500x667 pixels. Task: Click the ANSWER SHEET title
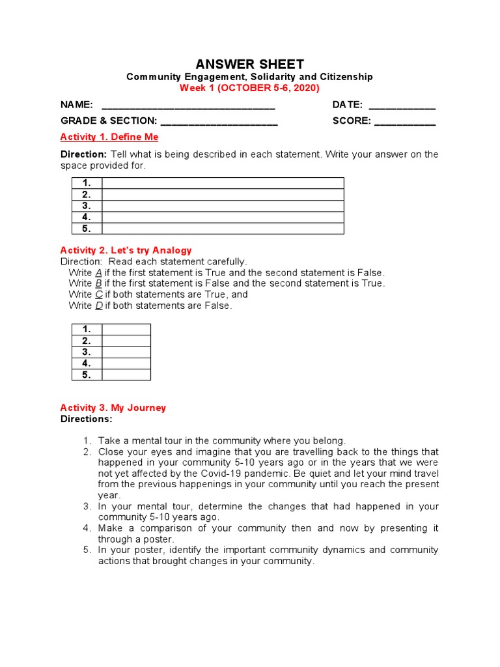pos(249,64)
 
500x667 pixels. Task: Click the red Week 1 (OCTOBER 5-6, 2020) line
pos(249,88)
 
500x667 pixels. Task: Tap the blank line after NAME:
pos(188,106)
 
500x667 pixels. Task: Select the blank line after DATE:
pos(402,106)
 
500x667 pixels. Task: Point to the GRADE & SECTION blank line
pos(219,121)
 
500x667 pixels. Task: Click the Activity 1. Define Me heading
pos(109,137)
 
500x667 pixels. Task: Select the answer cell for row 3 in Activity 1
pos(223,206)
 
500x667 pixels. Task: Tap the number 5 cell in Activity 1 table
pos(87,229)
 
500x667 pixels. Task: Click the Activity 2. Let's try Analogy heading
pos(126,250)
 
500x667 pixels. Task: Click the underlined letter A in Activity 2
pos(98,273)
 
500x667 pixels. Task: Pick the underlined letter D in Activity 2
pos(98,305)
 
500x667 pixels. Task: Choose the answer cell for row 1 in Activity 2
pos(126,330)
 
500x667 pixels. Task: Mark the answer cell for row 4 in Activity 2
pos(126,363)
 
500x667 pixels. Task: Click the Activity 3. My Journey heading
pos(113,408)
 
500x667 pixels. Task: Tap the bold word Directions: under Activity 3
pos(87,419)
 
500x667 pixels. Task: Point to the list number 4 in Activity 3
pos(87,528)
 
